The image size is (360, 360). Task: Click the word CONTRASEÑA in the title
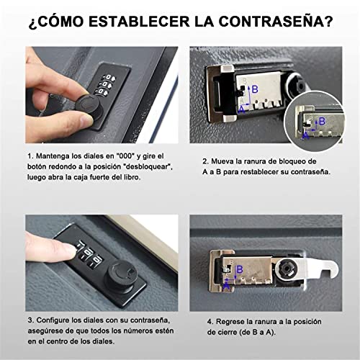[276, 22]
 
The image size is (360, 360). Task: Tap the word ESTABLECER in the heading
[139, 22]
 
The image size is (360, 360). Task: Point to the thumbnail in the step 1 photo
[84, 120]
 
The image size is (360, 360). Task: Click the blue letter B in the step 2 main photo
[255, 89]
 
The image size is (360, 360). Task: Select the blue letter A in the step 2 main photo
[242, 110]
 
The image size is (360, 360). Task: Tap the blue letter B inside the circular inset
[322, 121]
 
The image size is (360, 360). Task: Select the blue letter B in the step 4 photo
[240, 269]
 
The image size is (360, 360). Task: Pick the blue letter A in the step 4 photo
[226, 287]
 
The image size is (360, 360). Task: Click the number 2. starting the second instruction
[206, 161]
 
